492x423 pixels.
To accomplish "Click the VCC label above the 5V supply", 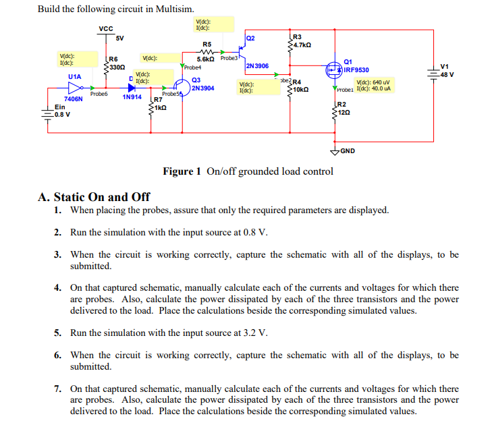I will tap(106, 28).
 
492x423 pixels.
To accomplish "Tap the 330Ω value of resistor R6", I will tap(115, 66).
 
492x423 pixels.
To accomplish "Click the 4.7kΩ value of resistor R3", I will tap(301, 45).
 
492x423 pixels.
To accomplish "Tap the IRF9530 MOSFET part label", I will tap(357, 69).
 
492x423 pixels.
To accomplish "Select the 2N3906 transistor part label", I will tap(258, 66).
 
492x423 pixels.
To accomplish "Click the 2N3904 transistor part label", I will tap(202, 88).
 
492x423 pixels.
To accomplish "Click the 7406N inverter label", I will tap(73, 98).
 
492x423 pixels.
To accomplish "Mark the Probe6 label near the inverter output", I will tap(99, 93).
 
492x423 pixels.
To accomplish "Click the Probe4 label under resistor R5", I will tap(192, 67).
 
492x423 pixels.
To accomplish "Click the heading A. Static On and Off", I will tap(94, 197).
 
